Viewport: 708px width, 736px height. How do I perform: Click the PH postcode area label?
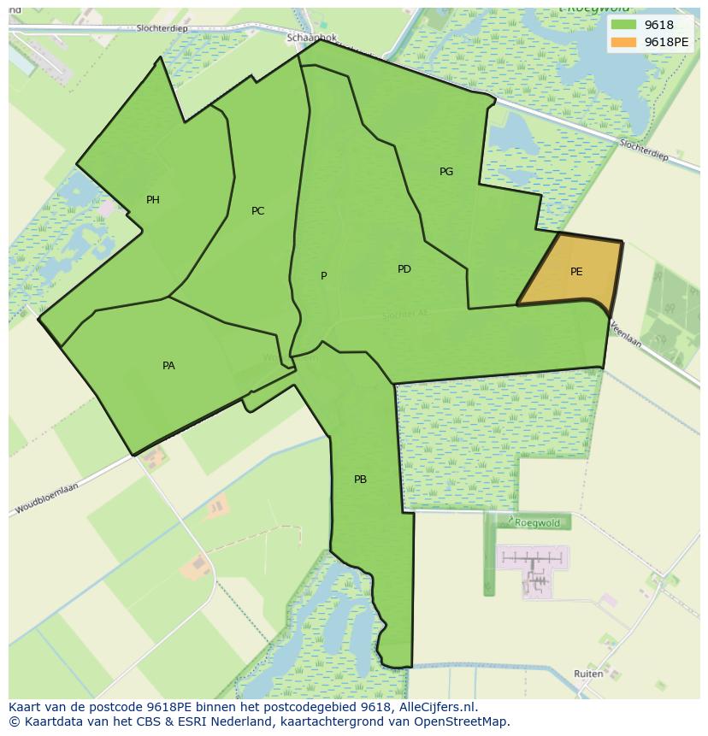click(x=153, y=200)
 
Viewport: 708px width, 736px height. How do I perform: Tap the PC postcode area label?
click(x=257, y=211)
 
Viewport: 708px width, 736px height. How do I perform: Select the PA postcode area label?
click(x=168, y=366)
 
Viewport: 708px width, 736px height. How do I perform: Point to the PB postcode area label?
click(x=360, y=480)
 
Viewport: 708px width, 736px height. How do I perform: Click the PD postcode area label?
click(x=404, y=269)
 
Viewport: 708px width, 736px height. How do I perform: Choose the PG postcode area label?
click(x=446, y=172)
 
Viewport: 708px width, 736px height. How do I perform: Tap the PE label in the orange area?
click(x=576, y=272)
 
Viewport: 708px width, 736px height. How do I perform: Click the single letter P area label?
click(x=324, y=275)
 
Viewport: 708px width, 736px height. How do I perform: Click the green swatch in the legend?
click(x=623, y=26)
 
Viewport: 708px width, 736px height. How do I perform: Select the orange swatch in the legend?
click(x=623, y=42)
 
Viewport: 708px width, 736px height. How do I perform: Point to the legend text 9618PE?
click(x=666, y=42)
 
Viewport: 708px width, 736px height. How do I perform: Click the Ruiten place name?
click(x=588, y=674)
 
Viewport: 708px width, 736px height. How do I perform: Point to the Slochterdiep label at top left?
click(x=161, y=28)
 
